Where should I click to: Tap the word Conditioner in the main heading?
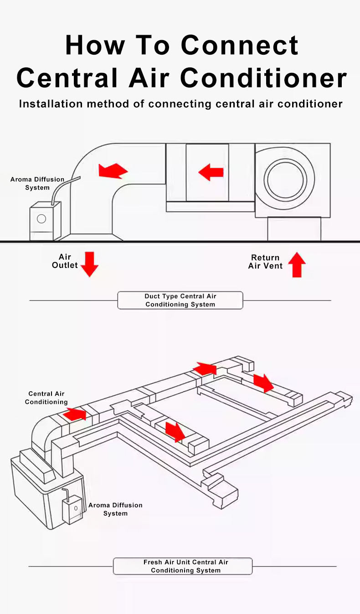pyautogui.click(x=264, y=78)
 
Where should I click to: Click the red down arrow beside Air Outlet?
pyautogui.click(x=89, y=264)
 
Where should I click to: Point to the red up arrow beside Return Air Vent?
pyautogui.click(x=297, y=264)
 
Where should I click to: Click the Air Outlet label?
pyautogui.click(x=65, y=261)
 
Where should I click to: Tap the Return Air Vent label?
pyautogui.click(x=265, y=262)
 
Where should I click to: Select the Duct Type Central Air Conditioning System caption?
pyautogui.click(x=180, y=300)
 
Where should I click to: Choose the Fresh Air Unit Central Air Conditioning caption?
pyautogui.click(x=183, y=566)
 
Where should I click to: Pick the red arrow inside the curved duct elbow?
pyautogui.click(x=113, y=170)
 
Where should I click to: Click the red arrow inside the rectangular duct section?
pyautogui.click(x=211, y=172)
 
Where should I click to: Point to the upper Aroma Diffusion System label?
pyautogui.click(x=37, y=183)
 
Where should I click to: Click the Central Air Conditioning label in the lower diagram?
pyautogui.click(x=46, y=397)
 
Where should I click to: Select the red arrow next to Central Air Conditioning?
pyautogui.click(x=75, y=414)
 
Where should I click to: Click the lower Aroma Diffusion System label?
pyautogui.click(x=115, y=509)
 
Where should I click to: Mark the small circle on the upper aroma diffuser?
pyautogui.click(x=41, y=219)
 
